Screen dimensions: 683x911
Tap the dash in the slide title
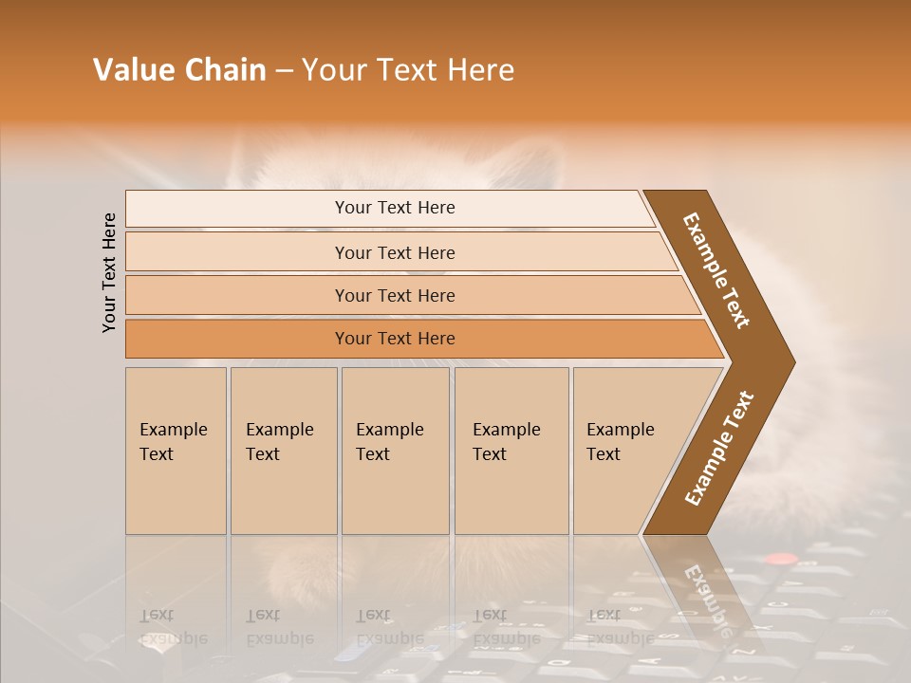[284, 71]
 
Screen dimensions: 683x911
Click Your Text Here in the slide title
[408, 70]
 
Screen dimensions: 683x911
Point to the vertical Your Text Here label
[109, 272]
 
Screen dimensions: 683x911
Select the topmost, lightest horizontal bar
[395, 208]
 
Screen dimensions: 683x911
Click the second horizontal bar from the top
[395, 252]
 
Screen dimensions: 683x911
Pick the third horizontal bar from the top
[395, 295]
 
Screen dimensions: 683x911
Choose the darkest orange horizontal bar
[395, 339]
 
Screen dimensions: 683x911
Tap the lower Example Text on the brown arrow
[719, 448]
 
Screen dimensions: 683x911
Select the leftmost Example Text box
[176, 451]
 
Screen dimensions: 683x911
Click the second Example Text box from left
[283, 451]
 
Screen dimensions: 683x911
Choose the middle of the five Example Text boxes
[394, 451]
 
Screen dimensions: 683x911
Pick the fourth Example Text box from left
[511, 451]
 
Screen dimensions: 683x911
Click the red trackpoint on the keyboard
[780, 561]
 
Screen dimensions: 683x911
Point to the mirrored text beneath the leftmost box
[173, 627]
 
